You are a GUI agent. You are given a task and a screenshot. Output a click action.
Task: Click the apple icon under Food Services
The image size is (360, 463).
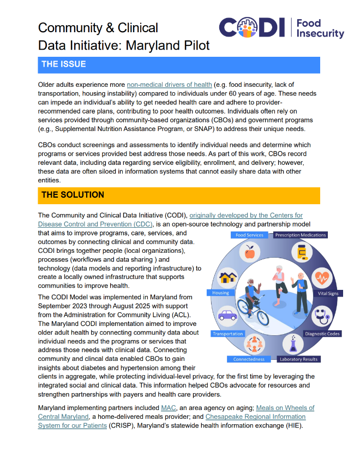coord(250,252)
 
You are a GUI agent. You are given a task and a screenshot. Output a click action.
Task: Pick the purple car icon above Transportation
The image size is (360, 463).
coord(227,316)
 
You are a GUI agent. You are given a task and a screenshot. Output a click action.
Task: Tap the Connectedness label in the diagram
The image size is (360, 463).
coord(249,359)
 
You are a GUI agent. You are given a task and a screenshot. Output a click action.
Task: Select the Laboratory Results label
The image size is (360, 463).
coord(298,359)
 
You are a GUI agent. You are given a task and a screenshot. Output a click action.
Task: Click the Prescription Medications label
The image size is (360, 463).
coord(300,235)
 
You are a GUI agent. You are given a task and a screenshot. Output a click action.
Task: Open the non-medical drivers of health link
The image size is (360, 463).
coord(169,85)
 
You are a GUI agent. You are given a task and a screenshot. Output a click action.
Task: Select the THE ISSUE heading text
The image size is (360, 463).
coord(64,64)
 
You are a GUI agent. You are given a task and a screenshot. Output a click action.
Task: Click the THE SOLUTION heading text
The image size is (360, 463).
coord(73,195)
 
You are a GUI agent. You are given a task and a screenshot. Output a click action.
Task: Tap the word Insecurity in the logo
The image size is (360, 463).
coord(320,34)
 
